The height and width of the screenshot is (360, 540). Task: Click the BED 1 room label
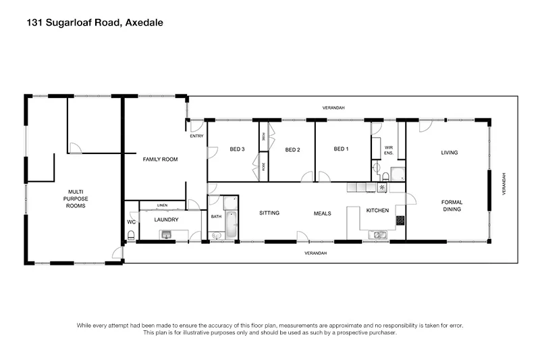pyautogui.click(x=341, y=149)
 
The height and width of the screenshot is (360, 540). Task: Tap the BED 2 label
pyautogui.click(x=292, y=149)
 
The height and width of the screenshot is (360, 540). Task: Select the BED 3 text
pyautogui.click(x=236, y=149)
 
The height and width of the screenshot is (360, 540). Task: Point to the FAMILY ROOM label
pyautogui.click(x=159, y=159)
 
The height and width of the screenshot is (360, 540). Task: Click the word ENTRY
pyautogui.click(x=196, y=136)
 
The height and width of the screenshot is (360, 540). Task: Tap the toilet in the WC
pyautogui.click(x=130, y=236)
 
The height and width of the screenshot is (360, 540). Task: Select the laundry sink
pyautogui.click(x=166, y=235)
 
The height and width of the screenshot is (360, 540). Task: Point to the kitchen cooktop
pyautogui.click(x=400, y=220)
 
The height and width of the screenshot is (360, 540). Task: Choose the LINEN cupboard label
pyautogui.click(x=162, y=205)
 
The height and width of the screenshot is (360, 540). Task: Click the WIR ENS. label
pyautogui.click(x=389, y=151)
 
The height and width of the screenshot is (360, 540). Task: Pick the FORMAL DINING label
pyautogui.click(x=451, y=205)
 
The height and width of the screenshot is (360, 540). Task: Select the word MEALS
pyautogui.click(x=322, y=213)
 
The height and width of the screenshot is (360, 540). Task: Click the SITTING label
pyautogui.click(x=269, y=213)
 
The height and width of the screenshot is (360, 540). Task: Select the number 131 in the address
pyautogui.click(x=34, y=22)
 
